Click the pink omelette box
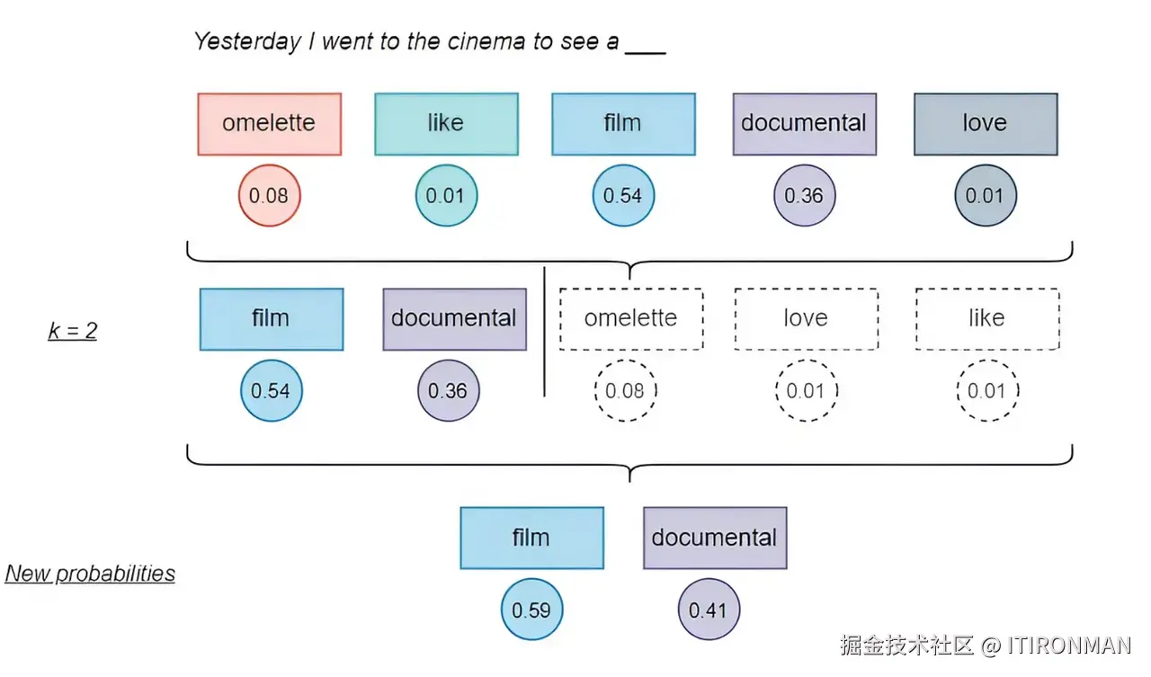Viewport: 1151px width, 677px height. coord(269,124)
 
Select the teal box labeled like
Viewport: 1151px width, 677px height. coord(447,124)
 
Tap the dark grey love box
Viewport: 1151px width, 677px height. coord(986,124)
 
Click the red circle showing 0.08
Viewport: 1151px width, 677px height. coord(269,195)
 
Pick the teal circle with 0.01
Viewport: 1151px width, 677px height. coord(447,195)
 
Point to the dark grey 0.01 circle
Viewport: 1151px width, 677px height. coord(986,195)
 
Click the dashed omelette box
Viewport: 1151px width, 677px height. coord(631,319)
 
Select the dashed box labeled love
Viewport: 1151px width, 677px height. coord(807,319)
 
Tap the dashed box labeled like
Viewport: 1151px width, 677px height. coord(987,319)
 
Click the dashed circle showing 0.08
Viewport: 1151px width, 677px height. coord(625,390)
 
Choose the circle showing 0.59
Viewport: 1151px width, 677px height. coord(531,610)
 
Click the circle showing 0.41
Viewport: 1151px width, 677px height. coord(709,610)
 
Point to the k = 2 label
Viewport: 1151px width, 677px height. coord(73,330)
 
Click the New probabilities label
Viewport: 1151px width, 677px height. coord(90,574)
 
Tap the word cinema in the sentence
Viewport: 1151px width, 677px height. coord(486,41)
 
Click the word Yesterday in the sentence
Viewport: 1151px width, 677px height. coord(247,42)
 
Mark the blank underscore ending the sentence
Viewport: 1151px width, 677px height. coord(646,52)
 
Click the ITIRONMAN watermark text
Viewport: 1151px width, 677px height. coord(1069,646)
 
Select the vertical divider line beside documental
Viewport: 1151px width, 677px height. coord(545,332)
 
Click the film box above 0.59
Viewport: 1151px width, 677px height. coord(531,538)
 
